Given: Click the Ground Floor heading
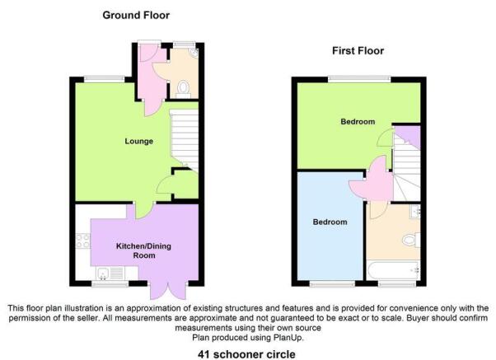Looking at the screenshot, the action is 136,15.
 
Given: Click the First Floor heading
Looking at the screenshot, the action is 358,50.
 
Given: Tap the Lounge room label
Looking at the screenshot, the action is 139,141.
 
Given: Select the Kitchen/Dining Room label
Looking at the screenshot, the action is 143,250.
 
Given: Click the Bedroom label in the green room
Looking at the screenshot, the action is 358,121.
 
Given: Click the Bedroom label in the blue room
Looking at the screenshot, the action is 330,222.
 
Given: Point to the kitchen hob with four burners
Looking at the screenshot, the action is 82,241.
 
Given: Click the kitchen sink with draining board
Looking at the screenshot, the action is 110,274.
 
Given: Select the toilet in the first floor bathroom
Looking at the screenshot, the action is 412,240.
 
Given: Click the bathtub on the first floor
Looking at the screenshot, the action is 394,270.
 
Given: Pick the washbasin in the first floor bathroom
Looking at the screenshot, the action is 415,212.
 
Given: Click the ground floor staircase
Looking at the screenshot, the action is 185,139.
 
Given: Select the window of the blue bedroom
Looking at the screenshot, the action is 332,284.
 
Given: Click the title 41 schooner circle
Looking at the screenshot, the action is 246,354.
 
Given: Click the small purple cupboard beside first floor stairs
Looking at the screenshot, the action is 408,136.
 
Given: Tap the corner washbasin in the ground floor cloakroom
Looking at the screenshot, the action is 194,52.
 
